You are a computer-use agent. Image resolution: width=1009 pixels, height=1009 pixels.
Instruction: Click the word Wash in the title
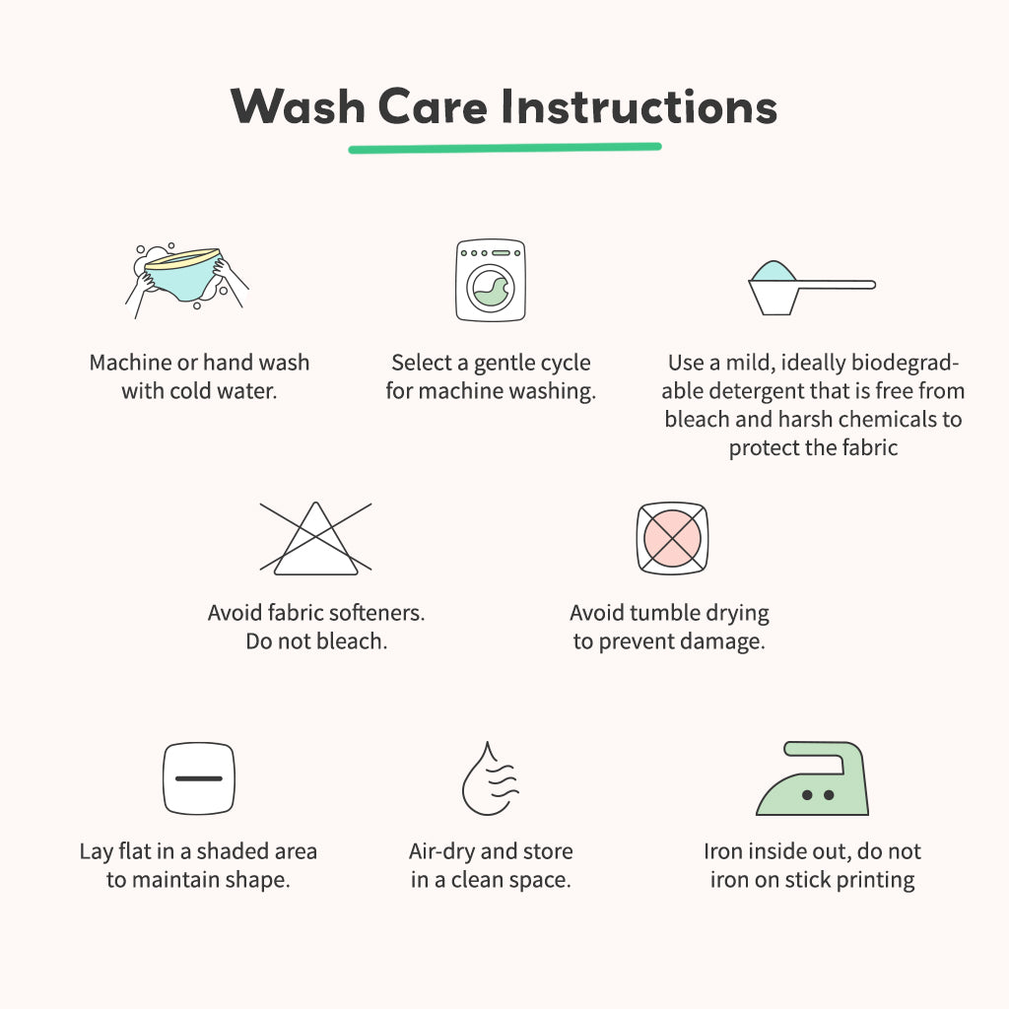click(299, 106)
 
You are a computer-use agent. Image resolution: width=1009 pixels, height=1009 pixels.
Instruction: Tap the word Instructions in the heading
click(639, 106)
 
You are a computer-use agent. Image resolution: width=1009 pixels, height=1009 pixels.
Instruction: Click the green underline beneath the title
click(505, 148)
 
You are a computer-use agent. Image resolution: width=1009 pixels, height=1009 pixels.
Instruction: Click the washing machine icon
click(491, 280)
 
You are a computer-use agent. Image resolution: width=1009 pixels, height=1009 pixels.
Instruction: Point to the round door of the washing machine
click(491, 289)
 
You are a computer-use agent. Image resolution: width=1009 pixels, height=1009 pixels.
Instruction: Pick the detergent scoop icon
click(812, 288)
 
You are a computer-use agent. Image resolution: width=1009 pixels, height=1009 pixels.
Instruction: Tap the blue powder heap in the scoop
click(773, 271)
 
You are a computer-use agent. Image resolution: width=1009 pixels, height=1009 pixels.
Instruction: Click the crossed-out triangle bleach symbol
click(315, 538)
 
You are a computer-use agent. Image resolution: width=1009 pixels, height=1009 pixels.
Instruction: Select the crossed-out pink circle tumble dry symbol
click(672, 538)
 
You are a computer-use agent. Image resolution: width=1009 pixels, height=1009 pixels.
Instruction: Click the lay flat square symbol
click(199, 778)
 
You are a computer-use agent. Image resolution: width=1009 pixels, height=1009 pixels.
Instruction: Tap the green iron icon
click(813, 778)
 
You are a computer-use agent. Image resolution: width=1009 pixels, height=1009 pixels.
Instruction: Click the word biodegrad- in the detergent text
click(906, 363)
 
